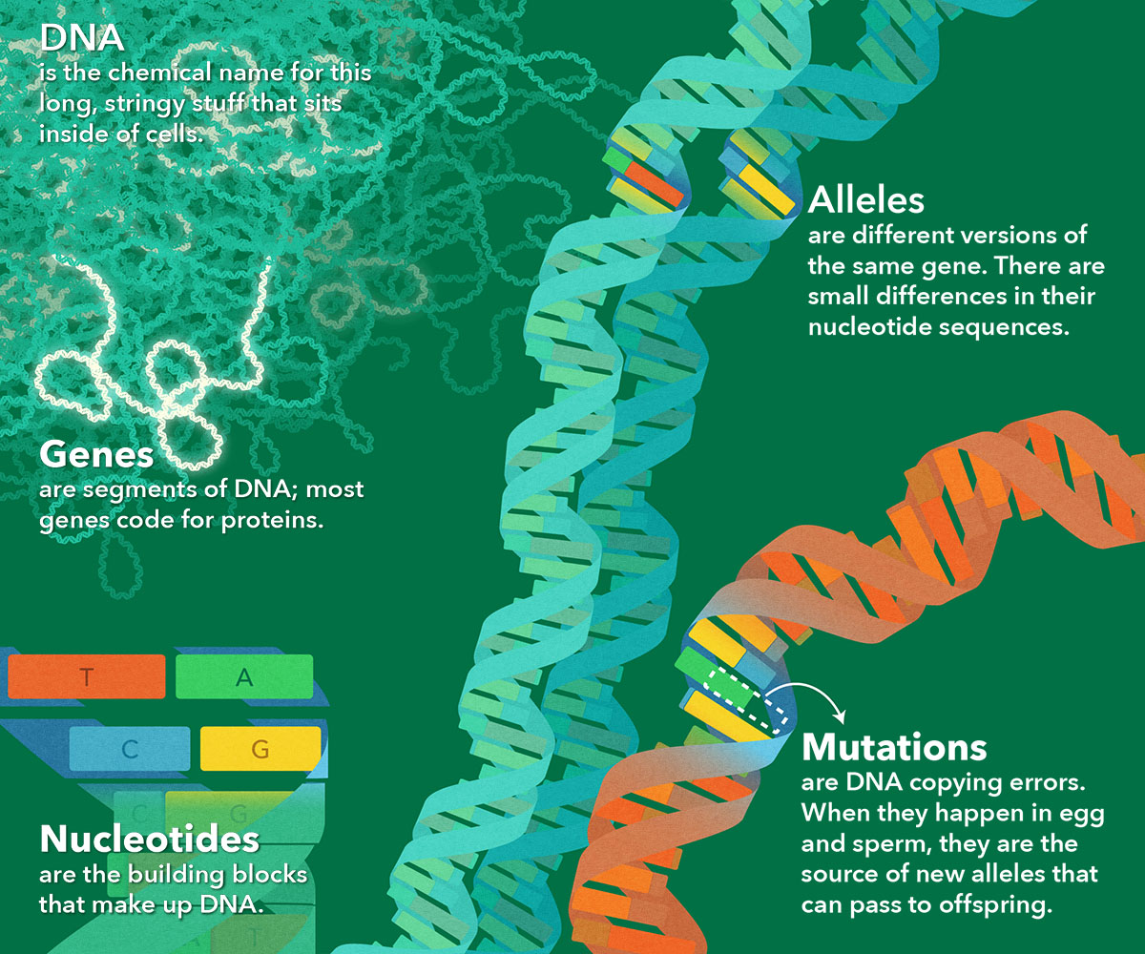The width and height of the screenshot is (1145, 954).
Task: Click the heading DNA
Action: coord(82,38)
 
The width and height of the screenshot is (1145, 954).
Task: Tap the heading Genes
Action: coord(96,454)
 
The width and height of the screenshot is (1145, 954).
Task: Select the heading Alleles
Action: coord(865,199)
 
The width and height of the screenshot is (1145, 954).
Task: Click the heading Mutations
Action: coord(894,747)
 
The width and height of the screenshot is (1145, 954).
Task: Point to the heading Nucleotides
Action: coord(150,839)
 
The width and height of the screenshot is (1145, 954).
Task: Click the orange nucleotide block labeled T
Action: coord(87,676)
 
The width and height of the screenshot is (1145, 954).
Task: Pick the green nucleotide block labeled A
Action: coord(244,676)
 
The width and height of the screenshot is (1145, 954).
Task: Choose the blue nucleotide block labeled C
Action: coord(130,748)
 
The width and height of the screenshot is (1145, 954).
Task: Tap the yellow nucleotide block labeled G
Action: coord(260,748)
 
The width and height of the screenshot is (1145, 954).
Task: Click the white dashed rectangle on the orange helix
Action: coord(746,700)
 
